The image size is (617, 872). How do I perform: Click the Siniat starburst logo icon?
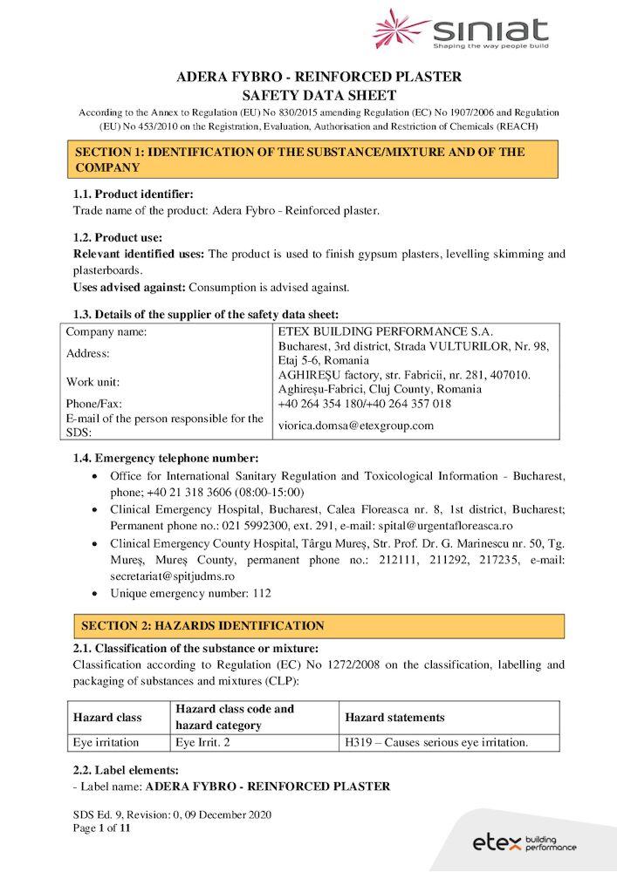pos(401,29)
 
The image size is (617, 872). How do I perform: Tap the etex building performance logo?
pos(524,842)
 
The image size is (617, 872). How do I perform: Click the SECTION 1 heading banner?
pos(315,160)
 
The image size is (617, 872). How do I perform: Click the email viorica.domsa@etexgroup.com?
pos(355,426)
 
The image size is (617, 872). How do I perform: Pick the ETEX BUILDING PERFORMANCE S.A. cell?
pos(385,331)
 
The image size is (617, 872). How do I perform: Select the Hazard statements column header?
pos(394,718)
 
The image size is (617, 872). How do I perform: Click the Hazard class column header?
pos(107,718)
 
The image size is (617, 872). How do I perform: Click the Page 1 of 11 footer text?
pos(101,828)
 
